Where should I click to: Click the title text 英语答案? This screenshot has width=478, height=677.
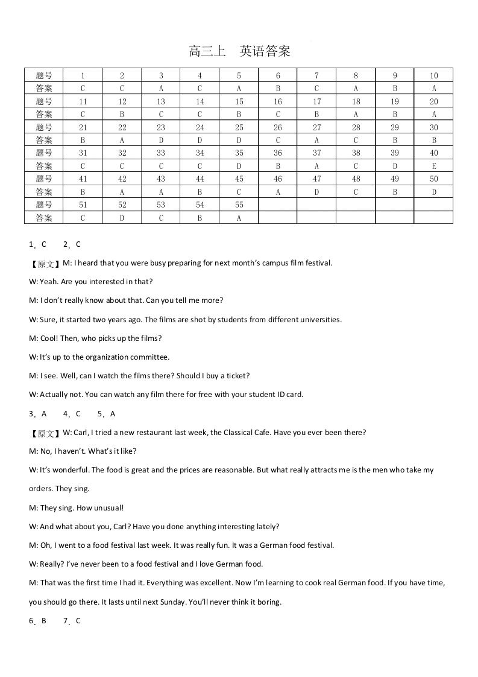point(265,51)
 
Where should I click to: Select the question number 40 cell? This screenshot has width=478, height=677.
point(433,153)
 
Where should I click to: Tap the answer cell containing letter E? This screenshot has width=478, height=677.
point(433,166)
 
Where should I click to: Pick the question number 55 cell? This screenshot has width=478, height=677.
point(239,205)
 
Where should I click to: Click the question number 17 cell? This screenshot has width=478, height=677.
point(316,101)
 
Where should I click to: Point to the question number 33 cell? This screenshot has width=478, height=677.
point(161,153)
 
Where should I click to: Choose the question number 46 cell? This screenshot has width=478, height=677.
point(278,179)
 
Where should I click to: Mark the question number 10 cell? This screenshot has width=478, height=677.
point(433,76)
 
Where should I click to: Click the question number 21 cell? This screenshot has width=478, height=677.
point(83,127)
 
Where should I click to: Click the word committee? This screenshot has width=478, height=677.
point(149,357)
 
